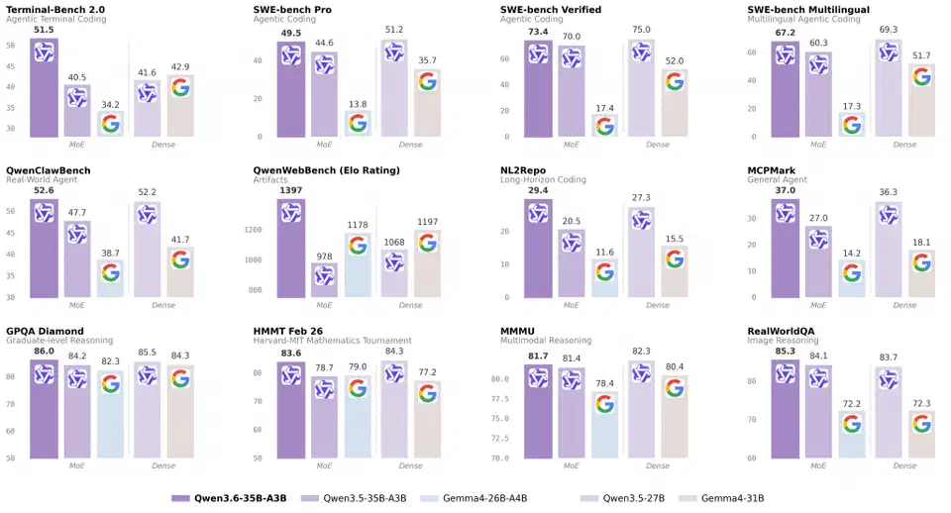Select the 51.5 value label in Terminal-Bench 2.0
(44, 30)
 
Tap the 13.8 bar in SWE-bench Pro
(359, 124)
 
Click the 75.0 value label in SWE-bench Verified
(642, 30)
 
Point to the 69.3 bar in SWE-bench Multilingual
(888, 89)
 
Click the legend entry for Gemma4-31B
(738, 498)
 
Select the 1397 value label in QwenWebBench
(291, 189)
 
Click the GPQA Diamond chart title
(45, 331)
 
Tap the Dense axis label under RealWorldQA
(904, 466)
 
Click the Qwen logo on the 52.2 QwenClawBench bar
(147, 215)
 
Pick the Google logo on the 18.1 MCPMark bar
(921, 262)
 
